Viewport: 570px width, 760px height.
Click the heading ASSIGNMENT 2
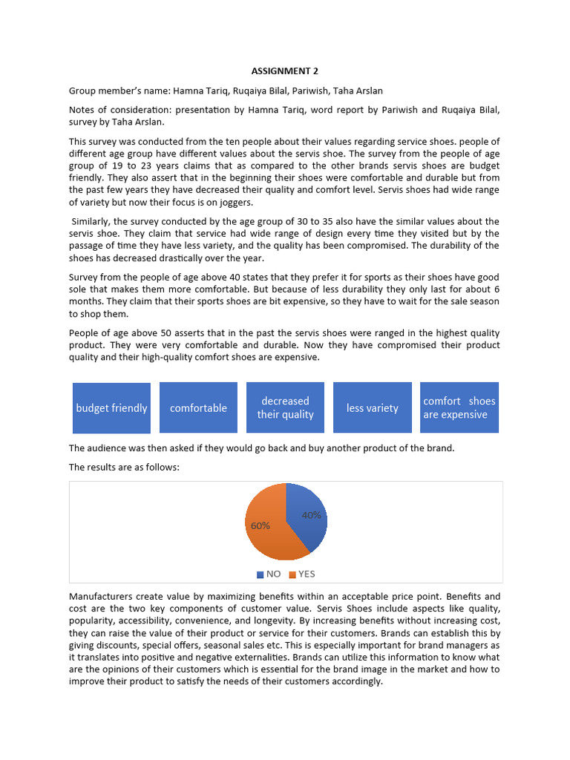[284, 71]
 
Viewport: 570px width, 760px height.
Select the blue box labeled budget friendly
[111, 407]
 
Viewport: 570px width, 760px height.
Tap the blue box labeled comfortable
[198, 407]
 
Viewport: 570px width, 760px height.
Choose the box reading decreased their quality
[285, 407]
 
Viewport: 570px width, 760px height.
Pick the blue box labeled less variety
[372, 407]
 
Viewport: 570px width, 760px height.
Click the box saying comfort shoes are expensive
[459, 407]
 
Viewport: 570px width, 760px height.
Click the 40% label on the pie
[312, 514]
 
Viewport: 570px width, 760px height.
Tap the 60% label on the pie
[261, 525]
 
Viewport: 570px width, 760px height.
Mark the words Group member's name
[119, 91]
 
